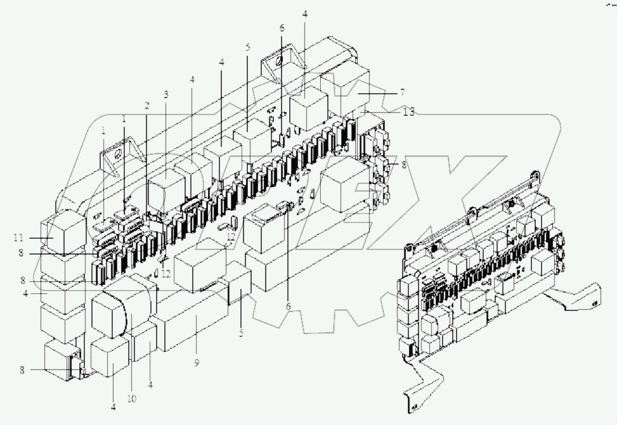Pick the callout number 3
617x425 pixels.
[x=166, y=95]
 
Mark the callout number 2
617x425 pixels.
[x=146, y=105]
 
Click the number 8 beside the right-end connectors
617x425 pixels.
[x=396, y=165]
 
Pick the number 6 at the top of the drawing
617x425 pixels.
[x=283, y=28]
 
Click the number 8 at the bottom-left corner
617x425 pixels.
[x=22, y=370]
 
